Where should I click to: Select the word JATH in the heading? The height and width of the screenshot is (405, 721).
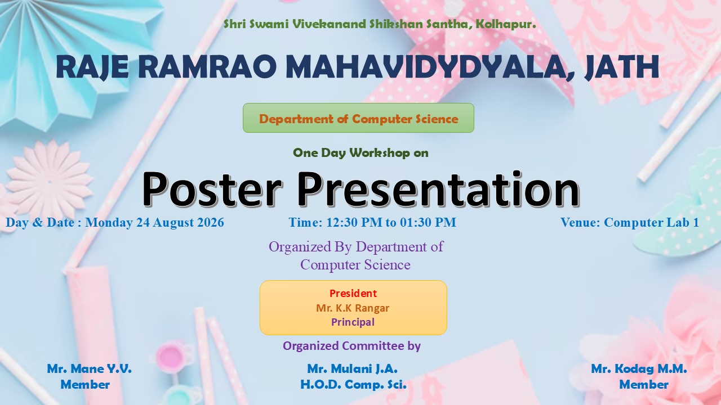(x=621, y=67)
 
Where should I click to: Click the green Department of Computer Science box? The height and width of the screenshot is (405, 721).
(x=358, y=118)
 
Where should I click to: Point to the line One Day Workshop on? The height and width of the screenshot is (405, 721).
(x=360, y=152)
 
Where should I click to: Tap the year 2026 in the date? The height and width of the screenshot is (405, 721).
(x=211, y=222)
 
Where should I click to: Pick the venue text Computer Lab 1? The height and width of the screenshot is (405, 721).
(x=651, y=222)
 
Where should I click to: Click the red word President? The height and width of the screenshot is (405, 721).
(x=353, y=293)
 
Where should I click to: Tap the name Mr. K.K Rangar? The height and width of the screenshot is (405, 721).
(x=353, y=308)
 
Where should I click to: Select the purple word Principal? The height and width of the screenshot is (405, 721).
(x=353, y=322)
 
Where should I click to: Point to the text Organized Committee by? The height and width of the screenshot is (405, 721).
(x=352, y=346)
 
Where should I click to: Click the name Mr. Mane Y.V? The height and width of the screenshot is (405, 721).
(x=89, y=368)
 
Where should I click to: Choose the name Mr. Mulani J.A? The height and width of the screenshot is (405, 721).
(x=352, y=368)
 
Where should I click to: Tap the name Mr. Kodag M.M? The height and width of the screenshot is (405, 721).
(x=639, y=368)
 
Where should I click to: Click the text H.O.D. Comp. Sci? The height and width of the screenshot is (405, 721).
(x=353, y=384)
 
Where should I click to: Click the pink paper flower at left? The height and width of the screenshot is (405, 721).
(x=49, y=182)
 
